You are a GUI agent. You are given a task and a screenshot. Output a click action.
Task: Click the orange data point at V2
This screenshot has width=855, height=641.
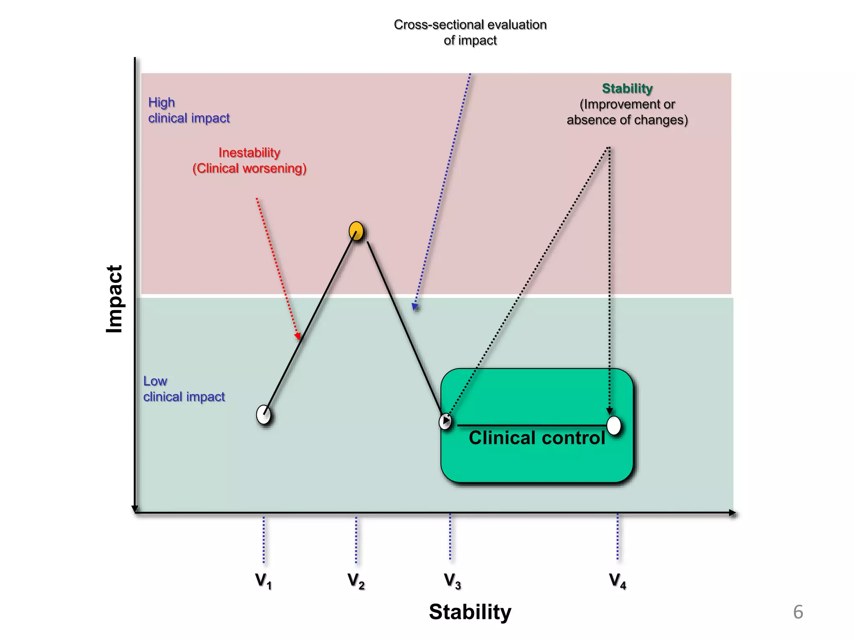point(356,231)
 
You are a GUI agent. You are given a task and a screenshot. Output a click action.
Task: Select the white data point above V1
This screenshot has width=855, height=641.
point(263,414)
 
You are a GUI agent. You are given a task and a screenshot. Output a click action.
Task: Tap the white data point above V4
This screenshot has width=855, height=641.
point(614,425)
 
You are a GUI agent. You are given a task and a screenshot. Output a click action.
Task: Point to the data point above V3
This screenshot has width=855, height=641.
point(445,421)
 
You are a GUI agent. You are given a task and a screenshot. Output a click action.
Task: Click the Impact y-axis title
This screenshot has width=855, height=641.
point(114,299)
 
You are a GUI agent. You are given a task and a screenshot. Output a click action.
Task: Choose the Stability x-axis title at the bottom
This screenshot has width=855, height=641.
point(470,612)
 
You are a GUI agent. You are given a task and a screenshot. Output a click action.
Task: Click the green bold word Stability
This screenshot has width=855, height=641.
point(627,88)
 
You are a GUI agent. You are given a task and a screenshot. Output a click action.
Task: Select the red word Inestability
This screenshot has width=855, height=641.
point(249,153)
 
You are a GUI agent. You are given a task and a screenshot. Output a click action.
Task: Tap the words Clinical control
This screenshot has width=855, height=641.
point(537,438)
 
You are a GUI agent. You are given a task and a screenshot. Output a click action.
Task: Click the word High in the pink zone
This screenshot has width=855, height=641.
point(162,103)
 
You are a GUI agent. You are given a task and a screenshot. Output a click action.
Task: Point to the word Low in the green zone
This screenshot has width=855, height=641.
point(155,381)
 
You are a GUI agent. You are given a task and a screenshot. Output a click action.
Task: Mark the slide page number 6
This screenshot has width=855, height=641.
point(798,612)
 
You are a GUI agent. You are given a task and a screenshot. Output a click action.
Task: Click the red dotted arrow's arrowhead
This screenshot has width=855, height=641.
point(298,336)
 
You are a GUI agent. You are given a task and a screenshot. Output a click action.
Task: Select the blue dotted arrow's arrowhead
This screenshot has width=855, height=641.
point(415,307)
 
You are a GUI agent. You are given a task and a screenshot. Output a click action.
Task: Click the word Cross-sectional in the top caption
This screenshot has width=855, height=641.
point(438,25)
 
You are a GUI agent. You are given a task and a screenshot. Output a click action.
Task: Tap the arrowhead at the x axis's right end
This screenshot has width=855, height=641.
point(733,513)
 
